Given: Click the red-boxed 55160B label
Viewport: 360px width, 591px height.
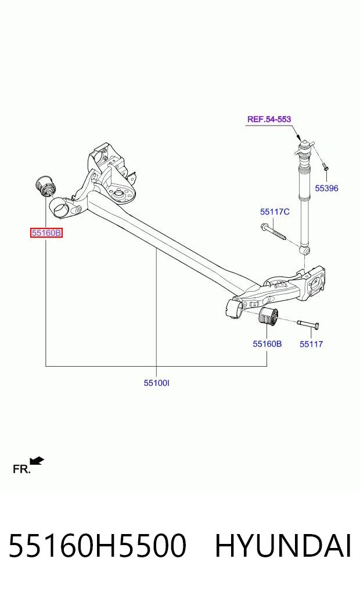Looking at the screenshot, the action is [x=46, y=233].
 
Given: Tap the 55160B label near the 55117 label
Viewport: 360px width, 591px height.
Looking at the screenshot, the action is [x=267, y=344].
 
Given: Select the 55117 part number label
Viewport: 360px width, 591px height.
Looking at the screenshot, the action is [x=311, y=344].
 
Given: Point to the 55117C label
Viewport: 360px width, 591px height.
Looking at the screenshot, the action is [x=275, y=212].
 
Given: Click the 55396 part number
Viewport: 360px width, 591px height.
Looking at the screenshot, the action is [x=326, y=188].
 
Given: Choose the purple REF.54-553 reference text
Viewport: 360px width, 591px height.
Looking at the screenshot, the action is [x=269, y=119].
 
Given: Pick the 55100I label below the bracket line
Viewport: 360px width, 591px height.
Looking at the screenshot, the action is [x=157, y=383].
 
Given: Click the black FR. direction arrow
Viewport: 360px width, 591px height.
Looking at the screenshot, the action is [x=37, y=461].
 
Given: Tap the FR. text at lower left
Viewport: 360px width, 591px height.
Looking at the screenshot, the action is [x=21, y=470].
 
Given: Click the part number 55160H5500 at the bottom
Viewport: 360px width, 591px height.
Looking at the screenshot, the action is [x=97, y=545].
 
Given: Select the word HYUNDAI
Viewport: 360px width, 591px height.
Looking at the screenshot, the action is [x=283, y=545].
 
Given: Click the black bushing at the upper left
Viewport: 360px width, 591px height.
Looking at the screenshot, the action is [x=45, y=187].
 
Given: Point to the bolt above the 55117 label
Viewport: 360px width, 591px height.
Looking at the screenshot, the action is [x=308, y=323].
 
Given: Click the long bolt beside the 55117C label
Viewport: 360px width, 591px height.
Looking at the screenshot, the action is [x=273, y=232].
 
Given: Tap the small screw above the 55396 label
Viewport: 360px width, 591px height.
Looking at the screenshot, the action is [x=325, y=166].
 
